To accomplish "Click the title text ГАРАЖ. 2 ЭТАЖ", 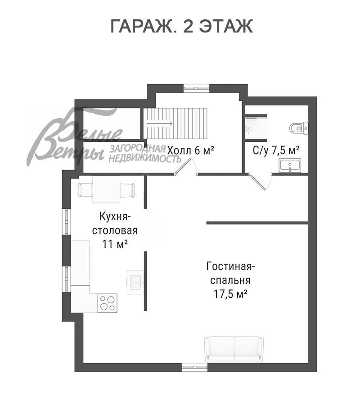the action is click(181, 26).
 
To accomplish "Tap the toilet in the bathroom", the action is click(299, 128).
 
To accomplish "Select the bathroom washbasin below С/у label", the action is click(290, 165).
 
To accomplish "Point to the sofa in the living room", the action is click(234, 349).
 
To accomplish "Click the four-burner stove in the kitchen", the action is click(107, 303).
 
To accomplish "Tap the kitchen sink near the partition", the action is click(135, 282).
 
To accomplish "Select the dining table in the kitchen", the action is click(106, 189).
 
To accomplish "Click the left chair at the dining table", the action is click(85, 189).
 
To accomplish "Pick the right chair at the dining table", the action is click(128, 189).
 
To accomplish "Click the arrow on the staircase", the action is click(160, 123).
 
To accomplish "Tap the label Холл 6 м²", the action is click(191, 150).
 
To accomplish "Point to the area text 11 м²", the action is click(115, 244).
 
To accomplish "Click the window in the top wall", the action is click(196, 88).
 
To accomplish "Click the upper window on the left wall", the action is click(67, 221).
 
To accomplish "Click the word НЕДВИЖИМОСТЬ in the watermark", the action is click(145, 158).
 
